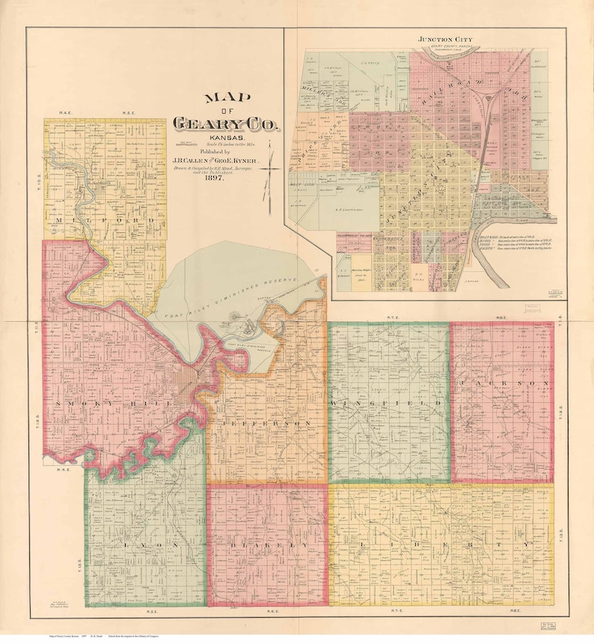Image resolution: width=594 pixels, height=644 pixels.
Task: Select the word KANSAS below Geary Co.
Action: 226,138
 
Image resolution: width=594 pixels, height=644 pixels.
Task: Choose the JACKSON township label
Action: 503,383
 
